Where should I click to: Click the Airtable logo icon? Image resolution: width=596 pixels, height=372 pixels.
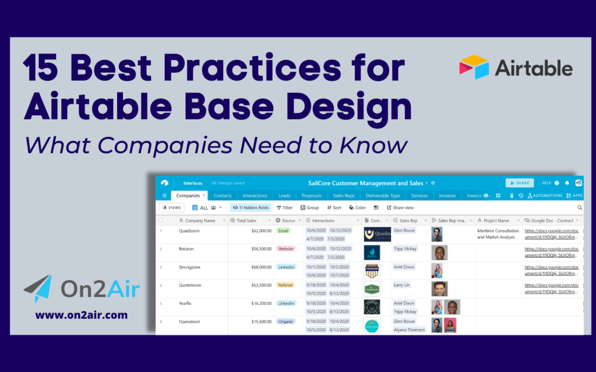tap(474, 67)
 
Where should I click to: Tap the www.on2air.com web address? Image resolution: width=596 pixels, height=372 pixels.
tap(81, 316)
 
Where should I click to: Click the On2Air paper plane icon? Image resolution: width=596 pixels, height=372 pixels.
tap(38, 289)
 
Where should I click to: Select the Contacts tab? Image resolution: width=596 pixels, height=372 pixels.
tap(222, 196)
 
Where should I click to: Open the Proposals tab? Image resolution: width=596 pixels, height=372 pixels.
tap(311, 196)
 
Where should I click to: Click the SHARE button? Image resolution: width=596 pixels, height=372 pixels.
tap(519, 183)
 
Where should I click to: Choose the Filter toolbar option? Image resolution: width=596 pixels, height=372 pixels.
tap(285, 208)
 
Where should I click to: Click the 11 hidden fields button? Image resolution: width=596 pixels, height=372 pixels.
tap(251, 208)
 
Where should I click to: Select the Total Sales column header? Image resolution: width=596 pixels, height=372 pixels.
tap(246, 220)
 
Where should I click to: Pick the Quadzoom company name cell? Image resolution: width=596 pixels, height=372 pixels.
tap(189, 231)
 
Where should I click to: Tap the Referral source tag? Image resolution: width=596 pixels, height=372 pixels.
tap(285, 285)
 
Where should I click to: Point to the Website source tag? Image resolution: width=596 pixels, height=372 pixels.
tap(286, 249)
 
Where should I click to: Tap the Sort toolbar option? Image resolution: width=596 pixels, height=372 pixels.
tap(334, 208)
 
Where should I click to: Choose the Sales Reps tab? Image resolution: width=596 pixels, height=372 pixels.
tap(344, 196)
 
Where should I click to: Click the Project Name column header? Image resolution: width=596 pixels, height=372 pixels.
tap(496, 220)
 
